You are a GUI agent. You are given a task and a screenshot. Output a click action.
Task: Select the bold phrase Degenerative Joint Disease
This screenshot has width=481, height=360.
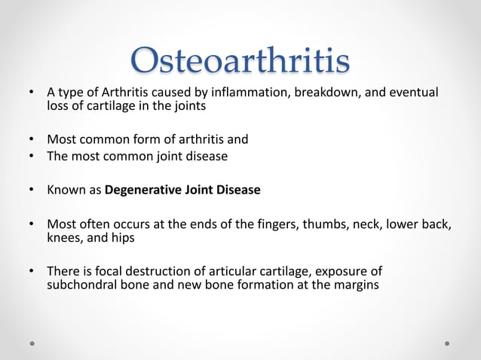pyautogui.click(x=182, y=190)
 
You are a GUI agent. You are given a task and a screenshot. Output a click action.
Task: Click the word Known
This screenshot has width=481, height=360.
pyautogui.click(x=66, y=190)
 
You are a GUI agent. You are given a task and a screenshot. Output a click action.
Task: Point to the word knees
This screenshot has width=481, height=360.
pyautogui.click(x=64, y=237)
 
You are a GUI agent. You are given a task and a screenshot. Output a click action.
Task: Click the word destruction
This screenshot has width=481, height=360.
pyautogui.click(x=161, y=271)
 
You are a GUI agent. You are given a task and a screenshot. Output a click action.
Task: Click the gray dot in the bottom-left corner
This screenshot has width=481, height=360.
pyautogui.click(x=32, y=343)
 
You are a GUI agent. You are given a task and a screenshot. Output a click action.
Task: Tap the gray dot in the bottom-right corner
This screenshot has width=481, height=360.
pyautogui.click(x=447, y=343)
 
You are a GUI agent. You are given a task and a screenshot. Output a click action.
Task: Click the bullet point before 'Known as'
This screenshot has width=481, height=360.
pyautogui.click(x=31, y=190)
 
